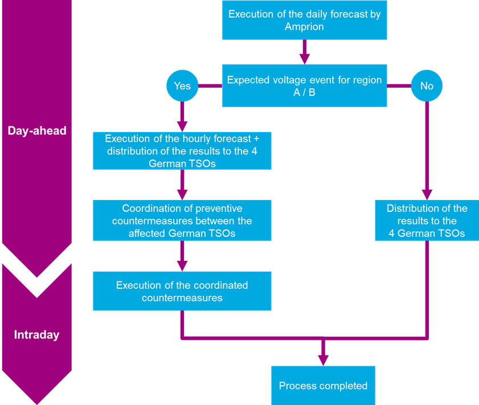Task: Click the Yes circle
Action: click(182, 86)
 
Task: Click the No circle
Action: click(427, 86)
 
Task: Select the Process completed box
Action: click(323, 386)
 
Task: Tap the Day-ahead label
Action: click(37, 130)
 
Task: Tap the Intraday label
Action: click(36, 335)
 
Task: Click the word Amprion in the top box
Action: click(304, 27)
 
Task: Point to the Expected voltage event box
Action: click(304, 86)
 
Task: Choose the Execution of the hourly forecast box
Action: click(182, 150)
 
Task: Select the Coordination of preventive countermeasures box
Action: click(182, 220)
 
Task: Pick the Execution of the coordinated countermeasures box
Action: click(182, 291)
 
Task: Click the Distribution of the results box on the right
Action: click(427, 220)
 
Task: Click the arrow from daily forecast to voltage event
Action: click(304, 52)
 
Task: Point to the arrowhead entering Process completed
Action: click(323, 359)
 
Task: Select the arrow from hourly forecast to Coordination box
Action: click(182, 184)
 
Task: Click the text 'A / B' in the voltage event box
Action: click(304, 92)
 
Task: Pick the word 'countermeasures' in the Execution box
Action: click(182, 297)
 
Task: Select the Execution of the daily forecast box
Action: click(304, 20)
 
